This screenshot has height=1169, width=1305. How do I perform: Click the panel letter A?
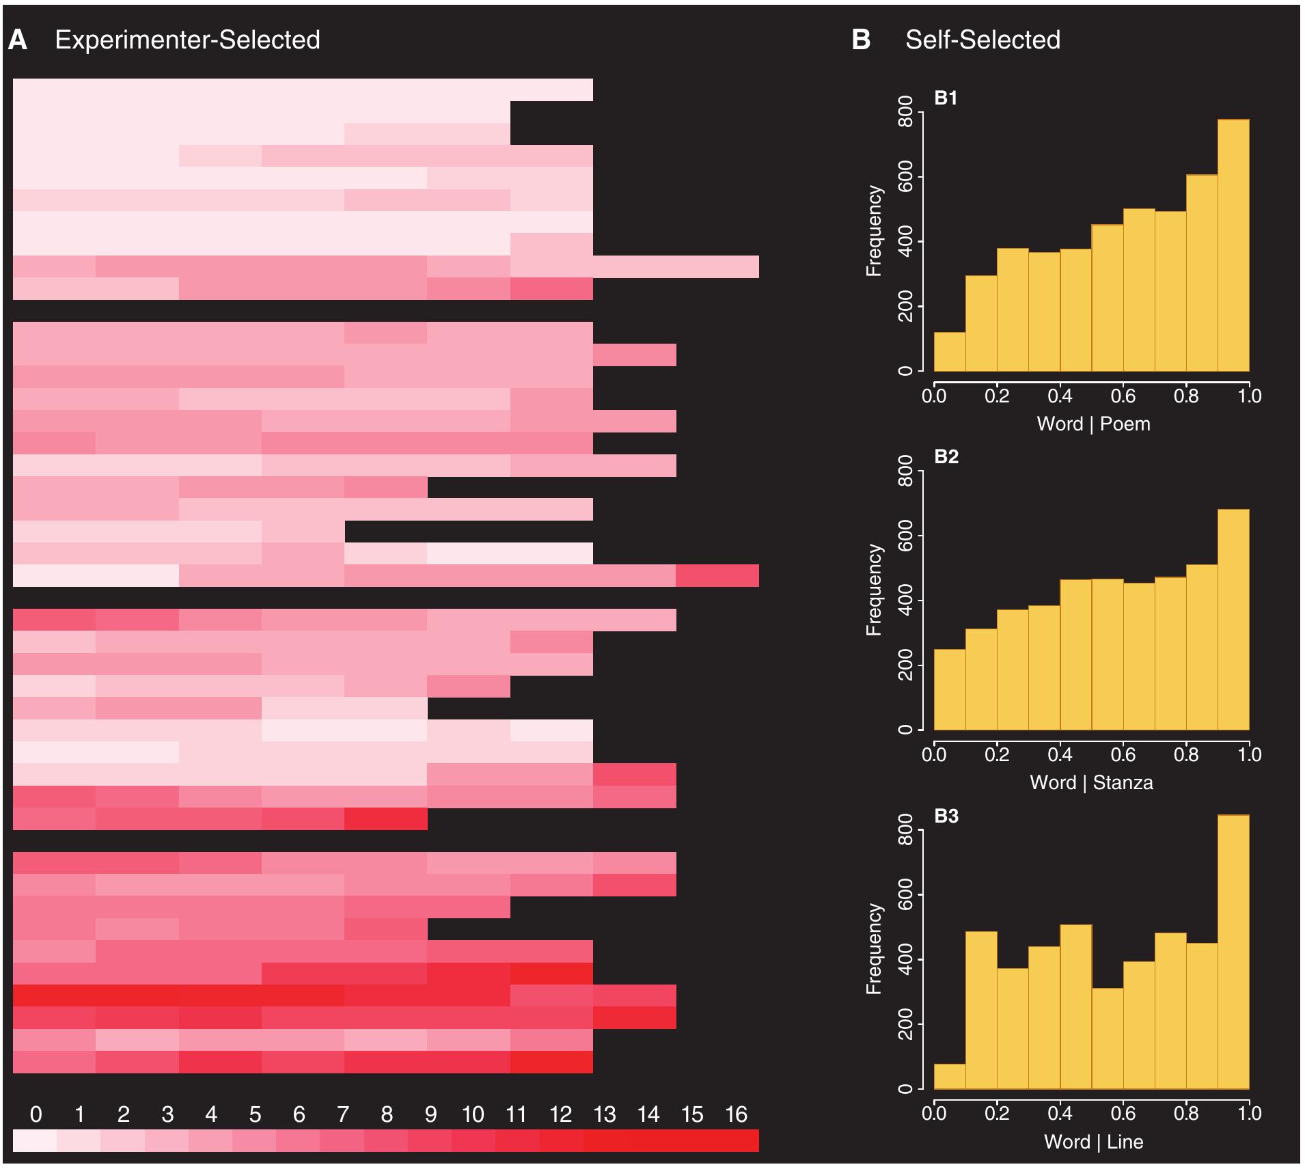click(x=18, y=40)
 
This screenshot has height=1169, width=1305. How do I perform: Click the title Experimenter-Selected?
click(x=187, y=40)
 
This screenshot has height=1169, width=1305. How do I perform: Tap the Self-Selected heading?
click(x=983, y=40)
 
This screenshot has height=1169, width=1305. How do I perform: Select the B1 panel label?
click(x=946, y=98)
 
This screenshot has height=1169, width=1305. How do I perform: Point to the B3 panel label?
click(x=946, y=816)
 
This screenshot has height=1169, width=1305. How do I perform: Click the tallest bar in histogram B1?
click(x=1233, y=246)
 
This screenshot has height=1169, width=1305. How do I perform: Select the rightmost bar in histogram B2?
click(x=1233, y=619)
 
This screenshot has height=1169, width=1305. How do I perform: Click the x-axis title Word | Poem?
click(x=1093, y=424)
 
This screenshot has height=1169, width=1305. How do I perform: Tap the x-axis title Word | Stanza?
click(x=1091, y=782)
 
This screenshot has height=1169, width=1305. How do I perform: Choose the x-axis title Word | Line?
click(x=1093, y=1142)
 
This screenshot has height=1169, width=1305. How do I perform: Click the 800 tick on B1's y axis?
click(x=905, y=112)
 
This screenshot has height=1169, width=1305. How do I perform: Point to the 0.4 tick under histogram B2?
click(x=1060, y=754)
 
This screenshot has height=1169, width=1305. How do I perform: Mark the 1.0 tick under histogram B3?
click(x=1249, y=1113)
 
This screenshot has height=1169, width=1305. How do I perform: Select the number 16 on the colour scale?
click(x=736, y=1115)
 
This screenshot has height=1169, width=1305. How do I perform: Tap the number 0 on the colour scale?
click(x=36, y=1115)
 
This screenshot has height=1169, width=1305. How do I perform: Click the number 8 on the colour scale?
click(x=387, y=1115)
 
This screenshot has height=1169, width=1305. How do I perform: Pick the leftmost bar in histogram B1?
click(x=950, y=352)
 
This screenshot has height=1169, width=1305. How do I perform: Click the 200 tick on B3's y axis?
click(x=905, y=1024)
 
